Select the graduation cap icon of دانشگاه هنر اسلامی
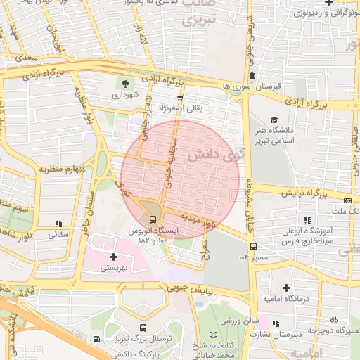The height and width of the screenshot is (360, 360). [274, 120]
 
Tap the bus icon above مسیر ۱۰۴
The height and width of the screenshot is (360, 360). [253, 246]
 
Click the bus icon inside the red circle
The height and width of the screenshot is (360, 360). [153, 219]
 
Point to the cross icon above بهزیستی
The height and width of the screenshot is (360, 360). [113, 257]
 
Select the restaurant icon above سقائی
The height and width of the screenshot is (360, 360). [58, 224]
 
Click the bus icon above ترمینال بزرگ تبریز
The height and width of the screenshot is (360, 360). [143, 328]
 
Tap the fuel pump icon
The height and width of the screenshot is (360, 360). [96, 340]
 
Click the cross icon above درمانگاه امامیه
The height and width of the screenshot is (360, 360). [286, 288]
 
